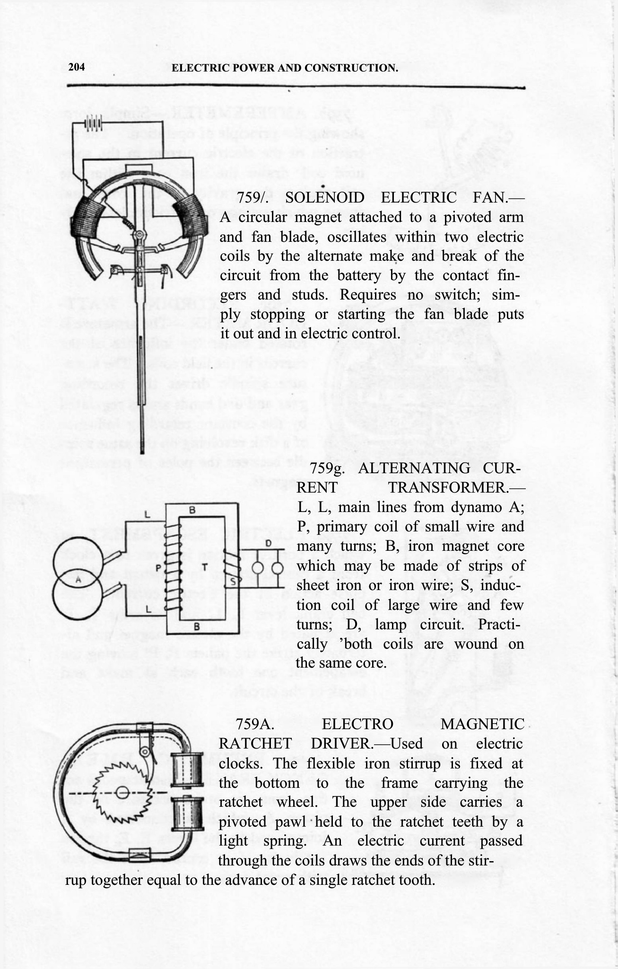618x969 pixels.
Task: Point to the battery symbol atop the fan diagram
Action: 93,124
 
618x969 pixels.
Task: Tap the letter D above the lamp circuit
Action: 268,544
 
